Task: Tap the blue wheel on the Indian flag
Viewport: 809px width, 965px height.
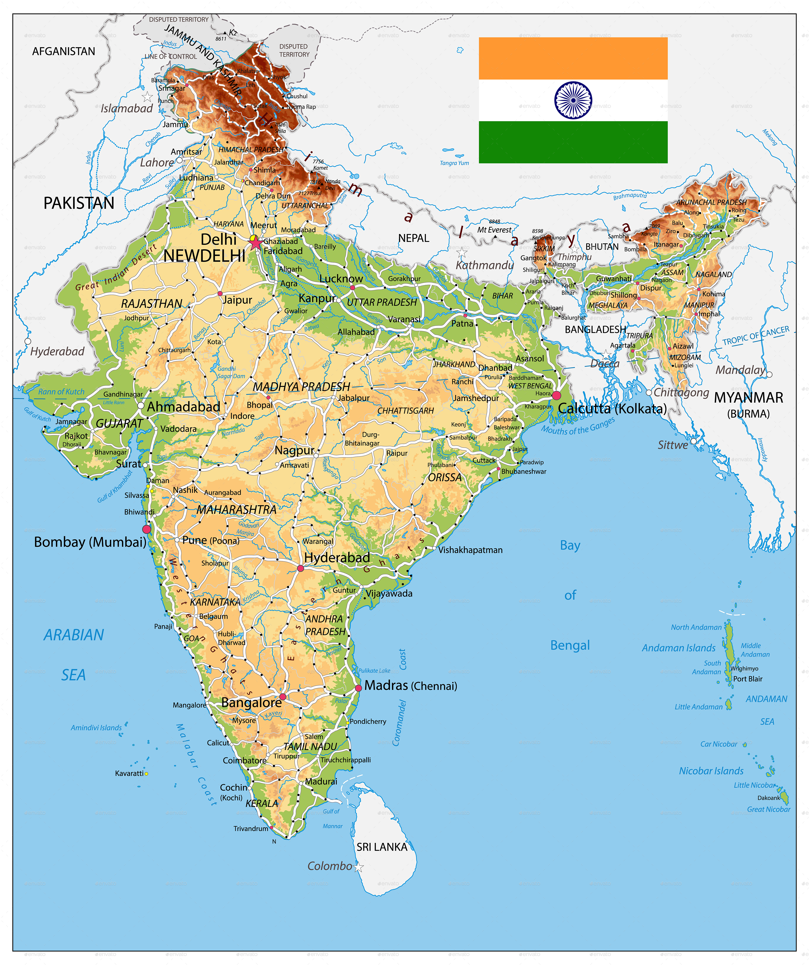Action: [x=573, y=100]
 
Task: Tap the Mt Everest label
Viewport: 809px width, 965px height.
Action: [x=494, y=230]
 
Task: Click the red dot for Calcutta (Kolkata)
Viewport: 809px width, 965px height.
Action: [x=556, y=395]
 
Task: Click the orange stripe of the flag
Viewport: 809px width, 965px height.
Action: [x=573, y=58]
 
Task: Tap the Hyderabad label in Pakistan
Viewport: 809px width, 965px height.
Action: [x=57, y=352]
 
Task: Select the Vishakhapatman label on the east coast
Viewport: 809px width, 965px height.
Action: [x=470, y=550]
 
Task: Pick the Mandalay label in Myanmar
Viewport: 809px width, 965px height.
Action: [x=740, y=370]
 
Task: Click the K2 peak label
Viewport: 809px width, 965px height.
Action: [x=233, y=33]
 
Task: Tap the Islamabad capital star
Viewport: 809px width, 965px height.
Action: [x=147, y=97]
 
